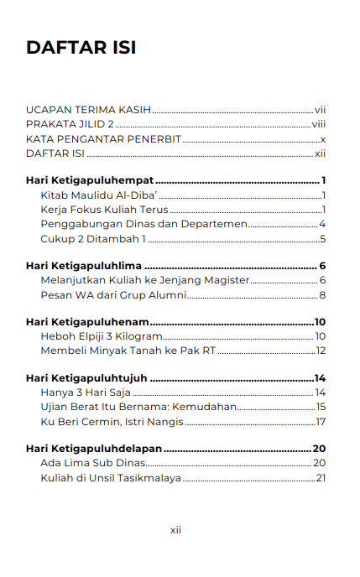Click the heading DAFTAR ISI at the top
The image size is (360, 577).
[81, 48]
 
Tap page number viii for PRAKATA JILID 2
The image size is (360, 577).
[318, 124]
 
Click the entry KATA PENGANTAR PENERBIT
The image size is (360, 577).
[103, 138]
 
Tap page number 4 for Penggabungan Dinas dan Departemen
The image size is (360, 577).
[322, 224]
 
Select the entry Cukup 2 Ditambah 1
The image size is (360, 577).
[93, 239]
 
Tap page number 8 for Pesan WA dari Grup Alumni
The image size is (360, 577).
[322, 295]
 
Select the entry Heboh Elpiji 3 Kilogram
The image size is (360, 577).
[101, 336]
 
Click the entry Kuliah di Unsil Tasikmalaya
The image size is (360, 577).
[111, 478]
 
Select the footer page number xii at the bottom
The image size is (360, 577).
[176, 530]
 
